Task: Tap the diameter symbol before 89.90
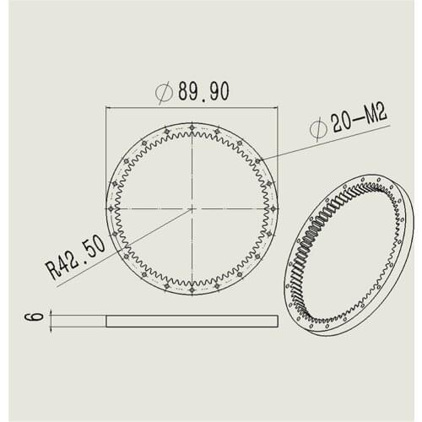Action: [165, 93]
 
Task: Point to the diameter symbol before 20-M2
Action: [318, 129]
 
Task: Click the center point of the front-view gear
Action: [192, 208]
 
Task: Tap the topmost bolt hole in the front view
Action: [192, 127]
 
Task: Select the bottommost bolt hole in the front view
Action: [192, 289]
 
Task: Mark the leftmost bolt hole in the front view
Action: [111, 208]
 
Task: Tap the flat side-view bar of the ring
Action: [192, 320]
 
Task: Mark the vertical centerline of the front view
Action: [192, 169]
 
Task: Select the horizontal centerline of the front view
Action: [152, 208]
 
